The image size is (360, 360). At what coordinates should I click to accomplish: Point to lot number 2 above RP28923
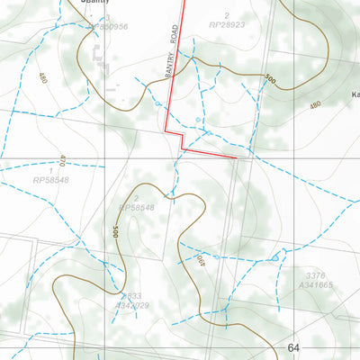tap(227, 15)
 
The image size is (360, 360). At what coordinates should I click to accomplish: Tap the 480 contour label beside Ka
tap(314, 105)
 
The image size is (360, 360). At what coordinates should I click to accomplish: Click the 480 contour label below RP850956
tap(42, 78)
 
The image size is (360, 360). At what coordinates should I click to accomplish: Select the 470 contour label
tap(62, 166)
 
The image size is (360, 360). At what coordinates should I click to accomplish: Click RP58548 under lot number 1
tap(50, 181)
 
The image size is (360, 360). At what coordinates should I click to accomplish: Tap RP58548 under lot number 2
tap(136, 208)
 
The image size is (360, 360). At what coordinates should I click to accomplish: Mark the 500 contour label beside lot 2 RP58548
tap(116, 232)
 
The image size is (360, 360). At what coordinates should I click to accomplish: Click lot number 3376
tap(314, 275)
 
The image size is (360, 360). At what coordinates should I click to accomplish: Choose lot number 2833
tap(131, 296)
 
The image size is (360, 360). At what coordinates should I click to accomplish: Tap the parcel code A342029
tap(131, 306)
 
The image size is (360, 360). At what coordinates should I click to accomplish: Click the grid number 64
tap(293, 348)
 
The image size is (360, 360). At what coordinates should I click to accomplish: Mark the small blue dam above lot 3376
tap(275, 259)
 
